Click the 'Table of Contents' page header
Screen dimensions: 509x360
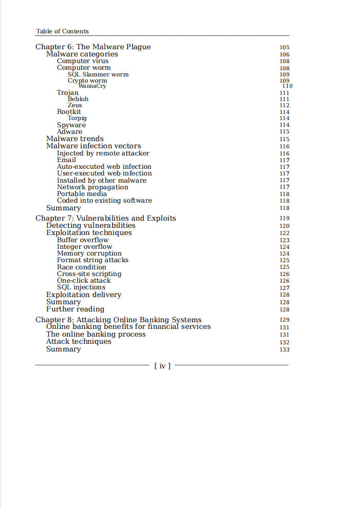62,31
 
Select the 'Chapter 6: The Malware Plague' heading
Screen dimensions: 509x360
93,47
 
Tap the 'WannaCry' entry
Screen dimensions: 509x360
92,86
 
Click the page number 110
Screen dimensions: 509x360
287,86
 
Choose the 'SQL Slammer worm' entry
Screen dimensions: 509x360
98,74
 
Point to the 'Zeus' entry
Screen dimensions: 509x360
75,105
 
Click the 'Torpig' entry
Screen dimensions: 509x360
77,118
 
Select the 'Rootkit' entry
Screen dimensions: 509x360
69,111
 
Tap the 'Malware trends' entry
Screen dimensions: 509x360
75,139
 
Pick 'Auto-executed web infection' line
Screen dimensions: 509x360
104,167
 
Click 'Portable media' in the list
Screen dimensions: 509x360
82,194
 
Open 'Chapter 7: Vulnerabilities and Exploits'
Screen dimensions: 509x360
106,218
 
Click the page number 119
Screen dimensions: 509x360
285,219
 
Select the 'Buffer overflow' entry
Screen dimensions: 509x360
83,240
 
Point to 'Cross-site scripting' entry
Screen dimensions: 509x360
89,274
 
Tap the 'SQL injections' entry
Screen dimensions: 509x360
81,287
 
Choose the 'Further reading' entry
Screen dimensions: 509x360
75,309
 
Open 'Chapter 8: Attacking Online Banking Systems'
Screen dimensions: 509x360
118,320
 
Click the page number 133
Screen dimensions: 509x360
285,349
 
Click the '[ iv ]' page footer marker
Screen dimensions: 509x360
162,366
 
